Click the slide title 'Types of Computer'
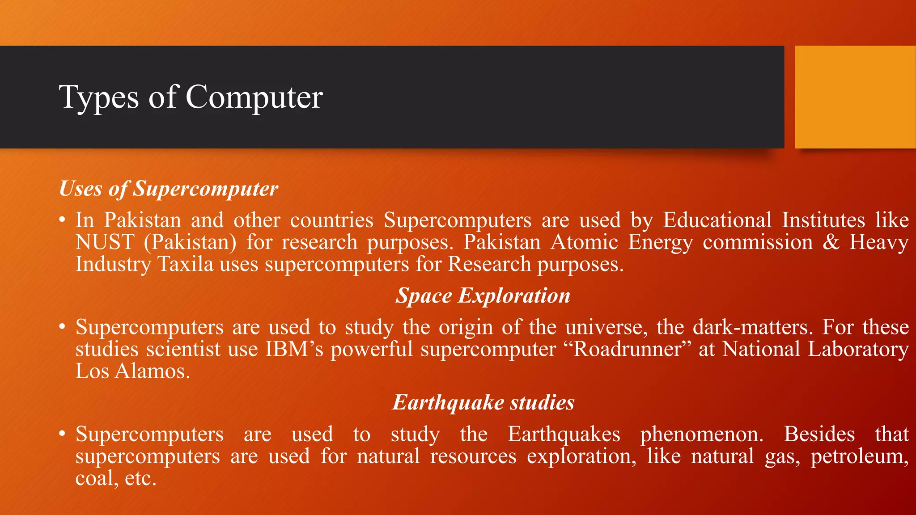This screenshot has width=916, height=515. point(191,97)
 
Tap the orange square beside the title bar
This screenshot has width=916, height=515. point(855,97)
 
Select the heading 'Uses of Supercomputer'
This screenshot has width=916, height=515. point(169,189)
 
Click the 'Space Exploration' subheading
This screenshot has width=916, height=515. point(483,296)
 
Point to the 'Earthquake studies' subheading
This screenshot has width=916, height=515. point(483,403)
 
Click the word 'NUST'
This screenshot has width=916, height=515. point(105,242)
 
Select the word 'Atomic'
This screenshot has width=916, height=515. point(584,242)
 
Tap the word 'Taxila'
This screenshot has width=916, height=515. point(186,264)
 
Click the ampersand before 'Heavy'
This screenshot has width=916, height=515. point(831,242)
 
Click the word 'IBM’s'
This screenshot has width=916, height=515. point(294,349)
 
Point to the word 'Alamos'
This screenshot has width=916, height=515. point(152,371)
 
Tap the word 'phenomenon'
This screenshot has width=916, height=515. point(701,434)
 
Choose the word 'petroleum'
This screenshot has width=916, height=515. point(859,456)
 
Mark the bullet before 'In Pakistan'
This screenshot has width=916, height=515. point(63,220)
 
